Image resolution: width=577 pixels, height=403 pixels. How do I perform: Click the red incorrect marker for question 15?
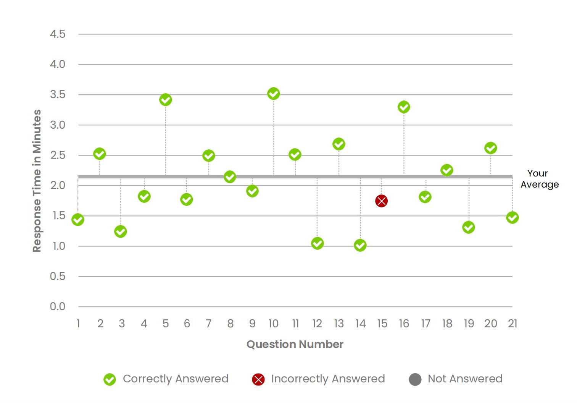381,201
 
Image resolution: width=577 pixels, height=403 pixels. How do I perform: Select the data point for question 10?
274,94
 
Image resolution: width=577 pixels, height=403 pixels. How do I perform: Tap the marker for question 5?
165,100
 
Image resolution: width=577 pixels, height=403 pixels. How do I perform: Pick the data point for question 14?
360,245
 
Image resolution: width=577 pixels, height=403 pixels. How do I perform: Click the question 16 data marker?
404,107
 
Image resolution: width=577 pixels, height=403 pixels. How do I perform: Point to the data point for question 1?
78,220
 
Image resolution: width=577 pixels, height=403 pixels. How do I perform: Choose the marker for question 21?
512,218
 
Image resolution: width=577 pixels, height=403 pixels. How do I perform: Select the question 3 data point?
121,231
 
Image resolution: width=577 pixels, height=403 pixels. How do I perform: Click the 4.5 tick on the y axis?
58,34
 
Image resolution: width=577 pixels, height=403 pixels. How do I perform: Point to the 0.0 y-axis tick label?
58,306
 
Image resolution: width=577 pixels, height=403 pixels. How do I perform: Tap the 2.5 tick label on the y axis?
58,155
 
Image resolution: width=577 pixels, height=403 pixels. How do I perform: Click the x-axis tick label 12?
317,324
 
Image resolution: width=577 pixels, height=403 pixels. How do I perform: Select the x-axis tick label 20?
490,324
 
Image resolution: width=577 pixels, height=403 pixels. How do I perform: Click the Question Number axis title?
295,344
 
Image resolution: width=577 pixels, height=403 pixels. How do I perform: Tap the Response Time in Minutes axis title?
37,181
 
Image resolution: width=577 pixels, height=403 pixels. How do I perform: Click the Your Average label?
539,179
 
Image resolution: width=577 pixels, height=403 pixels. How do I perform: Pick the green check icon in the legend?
110,379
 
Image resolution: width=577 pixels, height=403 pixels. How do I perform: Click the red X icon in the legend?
258,379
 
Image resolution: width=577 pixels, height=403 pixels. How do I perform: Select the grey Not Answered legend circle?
415,379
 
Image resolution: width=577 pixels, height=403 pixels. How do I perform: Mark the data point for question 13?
339,144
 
